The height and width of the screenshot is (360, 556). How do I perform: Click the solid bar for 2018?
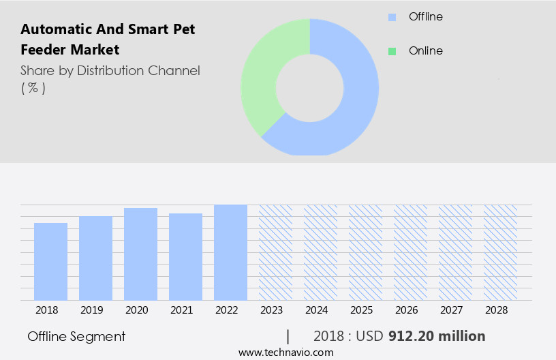point(50,261)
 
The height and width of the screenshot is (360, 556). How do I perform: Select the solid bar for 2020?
point(140,254)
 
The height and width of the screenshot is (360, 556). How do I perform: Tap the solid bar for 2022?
point(230,252)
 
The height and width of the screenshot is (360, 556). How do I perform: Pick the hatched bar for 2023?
point(275,252)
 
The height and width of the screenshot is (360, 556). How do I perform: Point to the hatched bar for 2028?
point(500,252)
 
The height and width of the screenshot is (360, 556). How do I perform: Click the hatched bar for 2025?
point(365,252)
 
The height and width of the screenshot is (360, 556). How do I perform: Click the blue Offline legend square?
point(392,17)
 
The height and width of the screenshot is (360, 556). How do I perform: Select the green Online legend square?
point(392,51)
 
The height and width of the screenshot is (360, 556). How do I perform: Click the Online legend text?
point(425,51)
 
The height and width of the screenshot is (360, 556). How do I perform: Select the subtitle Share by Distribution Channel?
point(110,70)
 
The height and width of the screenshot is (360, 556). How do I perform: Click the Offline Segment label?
point(76,336)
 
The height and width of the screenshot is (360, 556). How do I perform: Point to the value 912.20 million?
point(437,336)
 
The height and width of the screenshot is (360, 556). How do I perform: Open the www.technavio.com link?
point(286,352)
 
